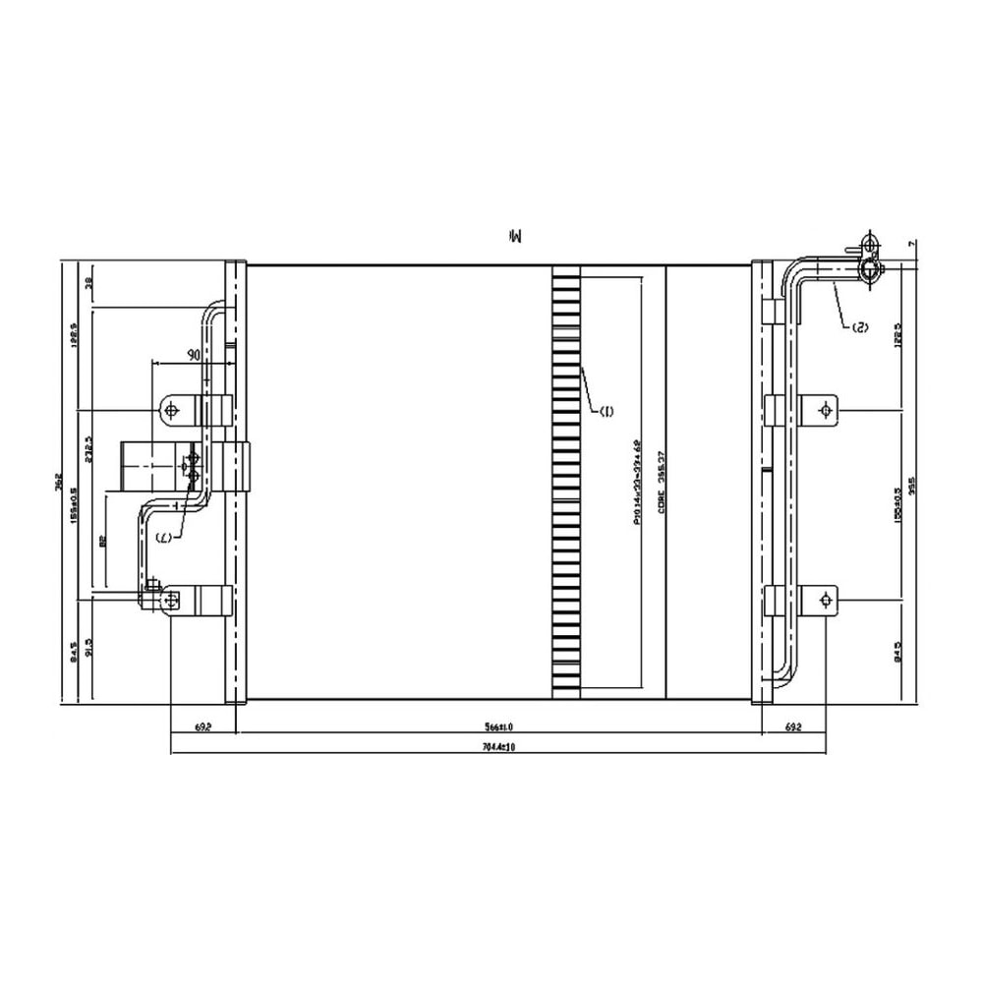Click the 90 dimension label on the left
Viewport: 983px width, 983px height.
coord(193,354)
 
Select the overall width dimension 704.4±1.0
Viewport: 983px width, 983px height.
coord(500,748)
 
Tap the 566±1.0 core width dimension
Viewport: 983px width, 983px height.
coord(500,728)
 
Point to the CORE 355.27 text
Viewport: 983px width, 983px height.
coord(662,482)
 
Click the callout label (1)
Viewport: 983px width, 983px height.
coord(606,411)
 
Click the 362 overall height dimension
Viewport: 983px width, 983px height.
coord(60,481)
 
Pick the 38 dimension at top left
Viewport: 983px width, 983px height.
coord(89,284)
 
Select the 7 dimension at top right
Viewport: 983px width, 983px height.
coord(913,243)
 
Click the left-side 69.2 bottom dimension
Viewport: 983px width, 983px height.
coord(203,728)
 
